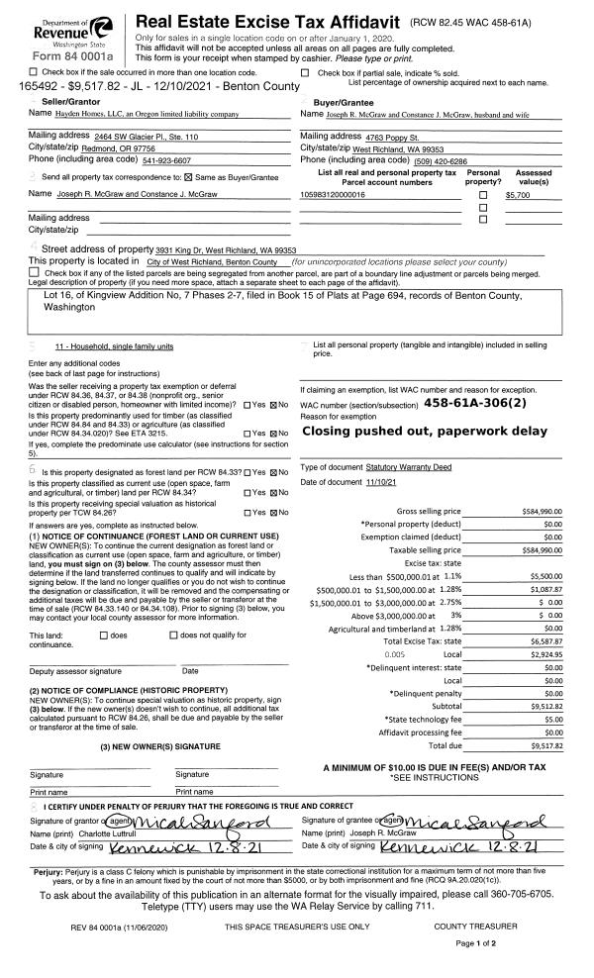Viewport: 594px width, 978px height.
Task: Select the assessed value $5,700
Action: [x=519, y=195]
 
